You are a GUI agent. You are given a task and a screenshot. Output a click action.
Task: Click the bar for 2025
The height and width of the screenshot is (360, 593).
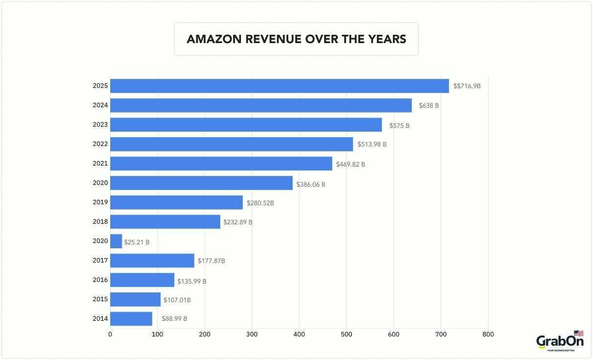coord(279,86)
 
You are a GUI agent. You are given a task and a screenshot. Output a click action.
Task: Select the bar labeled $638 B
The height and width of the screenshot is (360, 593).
coord(261,105)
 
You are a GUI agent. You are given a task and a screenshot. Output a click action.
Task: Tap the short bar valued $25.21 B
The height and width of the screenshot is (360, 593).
coord(116,241)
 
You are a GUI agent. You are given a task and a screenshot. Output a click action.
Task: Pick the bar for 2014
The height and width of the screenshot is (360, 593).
coord(131,319)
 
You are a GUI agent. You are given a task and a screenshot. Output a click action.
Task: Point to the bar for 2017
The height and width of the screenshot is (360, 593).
coord(152,261)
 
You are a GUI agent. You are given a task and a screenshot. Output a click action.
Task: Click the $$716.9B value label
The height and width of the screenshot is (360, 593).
coord(467,86)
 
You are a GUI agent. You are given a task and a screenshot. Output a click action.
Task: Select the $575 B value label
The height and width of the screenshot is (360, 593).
coord(399,125)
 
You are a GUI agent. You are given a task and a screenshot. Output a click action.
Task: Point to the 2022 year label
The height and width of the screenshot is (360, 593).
coord(100,144)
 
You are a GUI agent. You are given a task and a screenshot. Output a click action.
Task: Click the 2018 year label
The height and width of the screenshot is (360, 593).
coord(100,221)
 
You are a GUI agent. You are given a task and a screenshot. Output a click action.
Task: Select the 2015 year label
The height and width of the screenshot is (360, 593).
coord(100,299)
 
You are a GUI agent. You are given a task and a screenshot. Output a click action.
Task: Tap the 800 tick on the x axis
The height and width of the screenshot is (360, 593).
coord(488,335)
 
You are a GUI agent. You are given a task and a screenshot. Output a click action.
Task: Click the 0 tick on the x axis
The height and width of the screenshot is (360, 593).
coord(110,335)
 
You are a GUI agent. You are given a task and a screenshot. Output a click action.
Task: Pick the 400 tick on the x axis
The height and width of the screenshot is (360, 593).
coord(299,335)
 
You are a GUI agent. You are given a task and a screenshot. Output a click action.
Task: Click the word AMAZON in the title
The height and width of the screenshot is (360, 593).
coord(214,39)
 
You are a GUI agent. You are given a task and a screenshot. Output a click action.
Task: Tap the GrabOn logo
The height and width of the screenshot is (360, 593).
coord(560,341)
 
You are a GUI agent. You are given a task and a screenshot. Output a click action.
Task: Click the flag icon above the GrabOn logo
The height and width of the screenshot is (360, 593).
coord(578,333)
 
